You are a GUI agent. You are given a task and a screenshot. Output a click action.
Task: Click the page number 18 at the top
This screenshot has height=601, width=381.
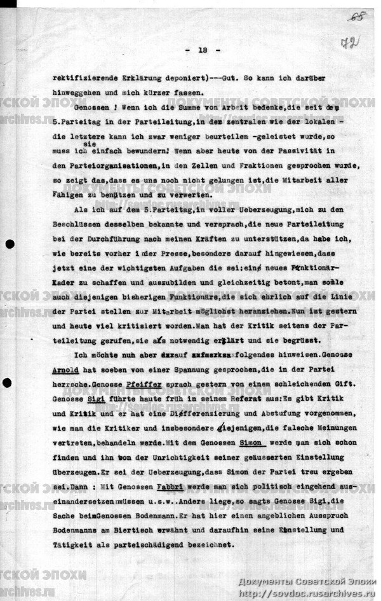point(202,50)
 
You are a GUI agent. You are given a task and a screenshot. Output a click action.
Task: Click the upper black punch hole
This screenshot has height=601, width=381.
point(8,245)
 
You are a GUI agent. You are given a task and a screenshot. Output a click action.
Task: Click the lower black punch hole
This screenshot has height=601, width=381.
point(8,382)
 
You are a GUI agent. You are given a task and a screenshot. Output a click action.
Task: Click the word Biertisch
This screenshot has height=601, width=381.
point(151,530)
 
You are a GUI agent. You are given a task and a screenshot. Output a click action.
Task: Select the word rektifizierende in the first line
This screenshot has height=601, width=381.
point(84,81)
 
